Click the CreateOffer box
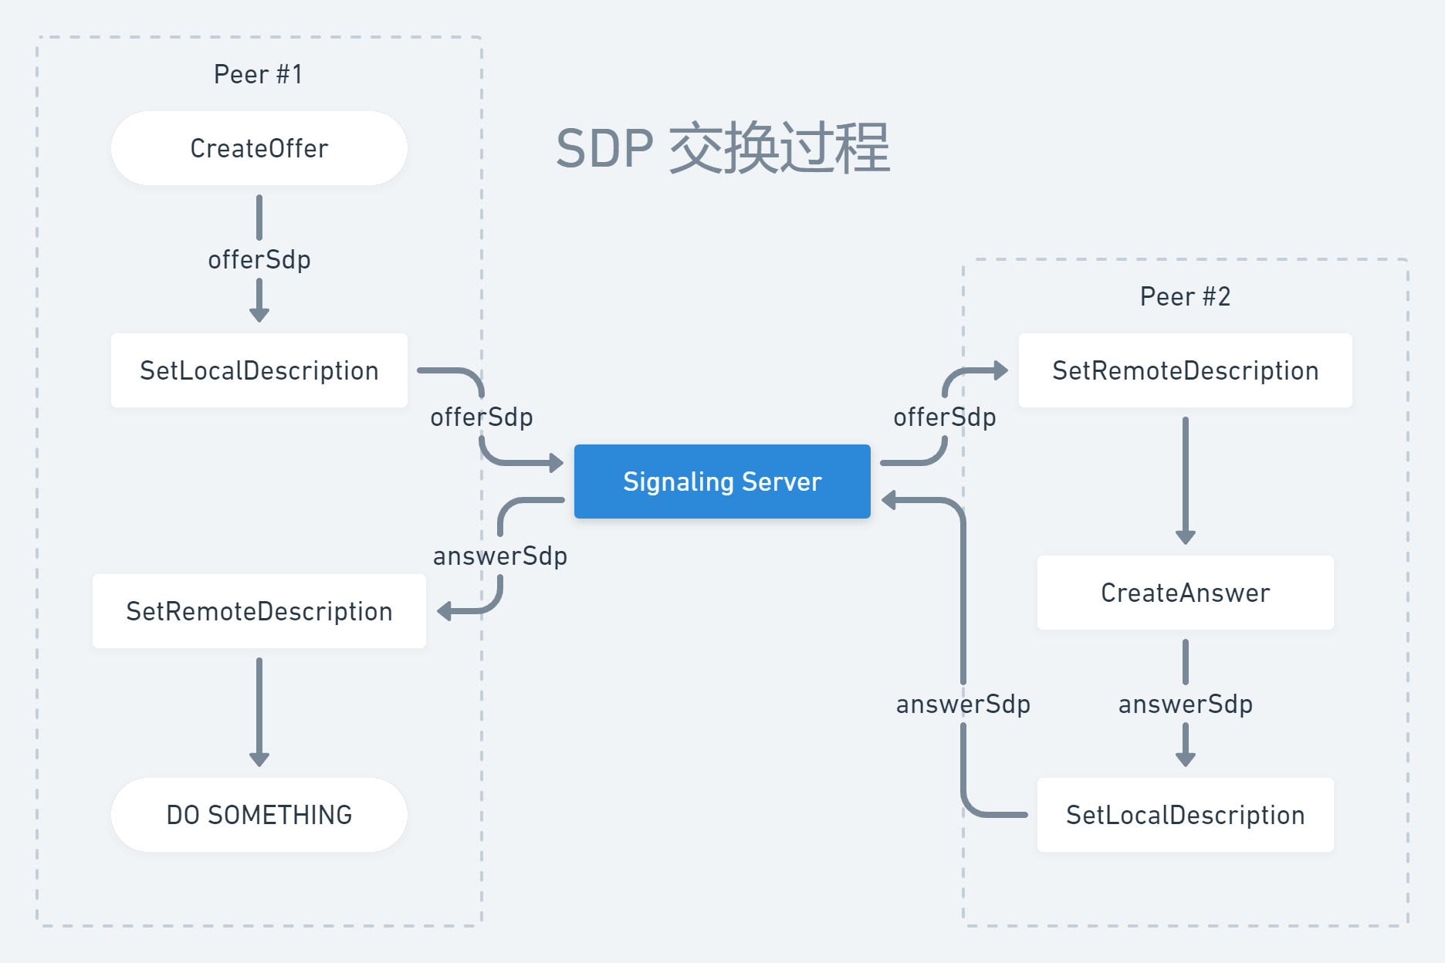coord(259,148)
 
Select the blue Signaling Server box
coord(722,481)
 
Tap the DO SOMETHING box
coord(259,815)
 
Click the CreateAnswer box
coord(1185,593)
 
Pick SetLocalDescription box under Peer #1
coord(259,370)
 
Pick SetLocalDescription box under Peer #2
coord(1185,815)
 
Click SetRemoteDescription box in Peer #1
coord(259,611)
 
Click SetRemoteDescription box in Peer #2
coord(1185,370)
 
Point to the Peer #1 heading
coord(258,74)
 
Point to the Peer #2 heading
coord(1185,296)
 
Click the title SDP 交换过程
coord(722,148)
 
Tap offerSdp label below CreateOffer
coord(259,259)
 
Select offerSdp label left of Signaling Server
coord(481,417)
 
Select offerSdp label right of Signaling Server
coord(944,417)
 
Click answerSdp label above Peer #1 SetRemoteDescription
coord(499,556)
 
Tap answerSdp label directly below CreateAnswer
coord(1185,704)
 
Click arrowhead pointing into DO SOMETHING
coord(259,759)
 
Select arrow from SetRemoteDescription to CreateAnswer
coord(1186,478)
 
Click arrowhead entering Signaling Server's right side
coord(889,500)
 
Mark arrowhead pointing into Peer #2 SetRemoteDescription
coord(1001,370)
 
